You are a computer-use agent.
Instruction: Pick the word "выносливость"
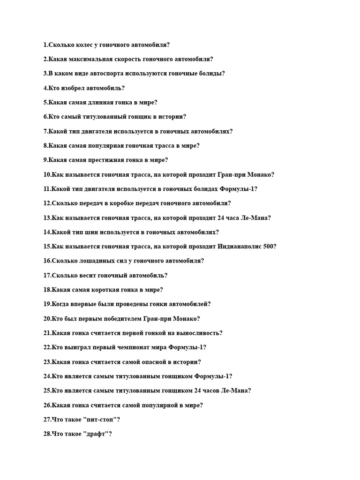pos(197,333)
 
